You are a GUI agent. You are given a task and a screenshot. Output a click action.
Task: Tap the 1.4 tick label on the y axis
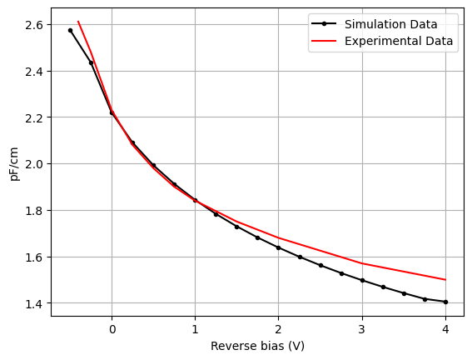(x=35, y=303)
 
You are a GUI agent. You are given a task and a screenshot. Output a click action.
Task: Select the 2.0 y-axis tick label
(x=35, y=164)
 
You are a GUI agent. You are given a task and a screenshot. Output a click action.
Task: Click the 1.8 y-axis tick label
(x=35, y=211)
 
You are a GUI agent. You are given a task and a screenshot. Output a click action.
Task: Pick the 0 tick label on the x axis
(x=112, y=329)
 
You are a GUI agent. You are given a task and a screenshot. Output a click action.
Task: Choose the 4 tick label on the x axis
(x=445, y=329)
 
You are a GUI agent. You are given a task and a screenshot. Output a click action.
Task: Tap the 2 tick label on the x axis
(x=278, y=329)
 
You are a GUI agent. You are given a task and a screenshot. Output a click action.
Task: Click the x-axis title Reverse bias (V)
(x=257, y=346)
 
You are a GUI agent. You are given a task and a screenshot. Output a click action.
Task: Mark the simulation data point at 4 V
(x=445, y=302)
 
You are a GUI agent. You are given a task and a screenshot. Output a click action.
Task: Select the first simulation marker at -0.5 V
(x=70, y=30)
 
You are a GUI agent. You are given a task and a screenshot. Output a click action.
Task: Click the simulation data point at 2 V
(x=278, y=247)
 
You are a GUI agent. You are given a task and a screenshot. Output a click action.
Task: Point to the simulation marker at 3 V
(x=362, y=280)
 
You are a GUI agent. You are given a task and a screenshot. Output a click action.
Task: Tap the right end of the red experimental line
(x=445, y=280)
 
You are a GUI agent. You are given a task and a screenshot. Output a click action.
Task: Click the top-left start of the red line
(x=78, y=22)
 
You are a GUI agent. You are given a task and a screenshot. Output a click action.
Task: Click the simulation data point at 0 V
(x=112, y=113)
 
